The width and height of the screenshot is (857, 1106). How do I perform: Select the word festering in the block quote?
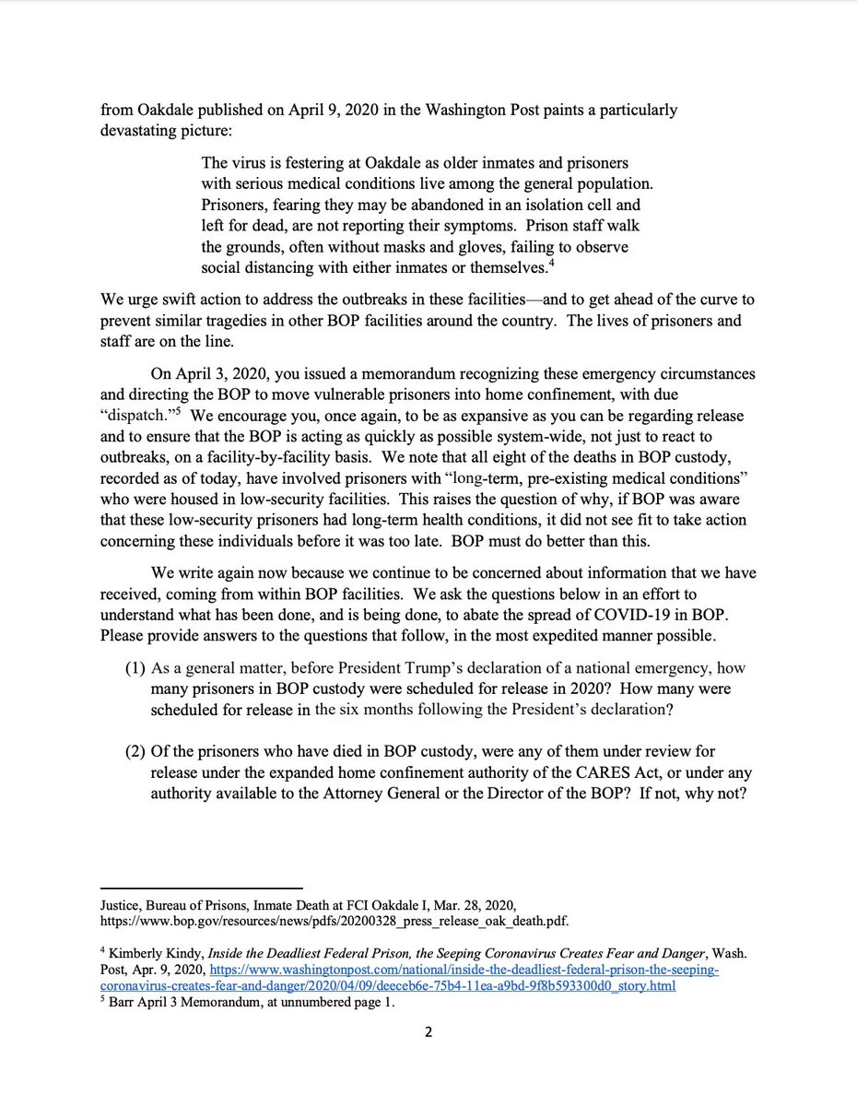tap(291, 163)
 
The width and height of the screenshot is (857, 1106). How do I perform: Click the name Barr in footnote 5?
tap(124, 1005)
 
